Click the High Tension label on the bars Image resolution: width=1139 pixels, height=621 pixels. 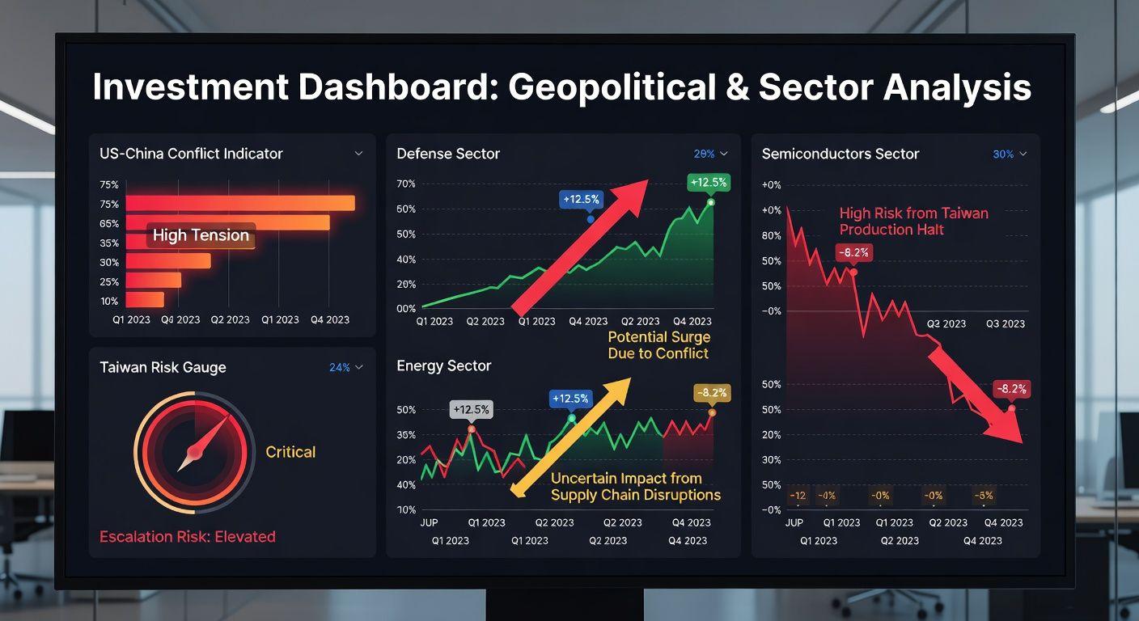[x=201, y=235]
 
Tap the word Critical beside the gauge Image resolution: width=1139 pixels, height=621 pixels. [x=290, y=452]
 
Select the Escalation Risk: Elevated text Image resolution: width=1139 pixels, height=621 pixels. [x=188, y=537]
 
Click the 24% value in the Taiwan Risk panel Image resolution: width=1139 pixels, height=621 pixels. [x=340, y=368]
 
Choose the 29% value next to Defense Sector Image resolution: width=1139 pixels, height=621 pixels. [x=704, y=154]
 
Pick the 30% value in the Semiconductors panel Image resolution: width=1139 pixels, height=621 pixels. [x=1003, y=154]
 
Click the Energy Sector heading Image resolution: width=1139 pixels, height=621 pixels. [x=443, y=366]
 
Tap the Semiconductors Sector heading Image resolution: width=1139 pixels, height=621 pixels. [x=840, y=154]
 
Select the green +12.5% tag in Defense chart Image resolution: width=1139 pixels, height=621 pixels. [x=709, y=183]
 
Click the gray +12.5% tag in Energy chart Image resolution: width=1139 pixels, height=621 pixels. [x=471, y=409]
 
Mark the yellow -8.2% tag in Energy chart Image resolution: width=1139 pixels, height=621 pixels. [x=712, y=394]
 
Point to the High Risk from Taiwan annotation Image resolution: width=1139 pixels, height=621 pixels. [x=913, y=222]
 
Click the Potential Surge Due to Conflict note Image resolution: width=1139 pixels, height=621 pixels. [x=658, y=345]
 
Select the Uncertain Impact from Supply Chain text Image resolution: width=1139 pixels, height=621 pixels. [x=635, y=487]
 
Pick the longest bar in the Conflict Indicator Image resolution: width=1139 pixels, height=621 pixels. [x=240, y=203]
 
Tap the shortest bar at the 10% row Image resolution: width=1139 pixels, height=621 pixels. [x=145, y=300]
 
